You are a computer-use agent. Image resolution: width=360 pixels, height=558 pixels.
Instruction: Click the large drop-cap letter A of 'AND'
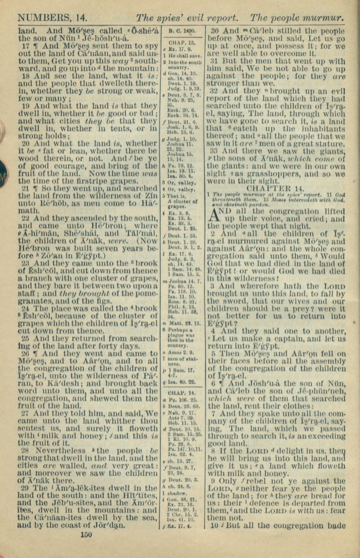tap(212, 215)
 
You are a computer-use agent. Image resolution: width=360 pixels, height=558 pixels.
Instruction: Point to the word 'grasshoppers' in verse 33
tap(278, 174)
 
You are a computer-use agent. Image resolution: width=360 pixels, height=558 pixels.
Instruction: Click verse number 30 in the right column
tap(214, 31)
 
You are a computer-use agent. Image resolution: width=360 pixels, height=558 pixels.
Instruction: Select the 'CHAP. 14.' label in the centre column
tap(182, 393)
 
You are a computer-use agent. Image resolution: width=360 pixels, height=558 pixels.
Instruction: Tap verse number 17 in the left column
tap(25, 46)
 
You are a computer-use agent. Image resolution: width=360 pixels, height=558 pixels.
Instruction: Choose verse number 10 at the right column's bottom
tap(214, 525)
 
